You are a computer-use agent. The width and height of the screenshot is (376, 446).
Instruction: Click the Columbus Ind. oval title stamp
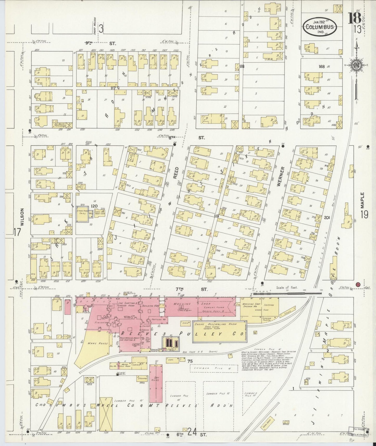[320, 27]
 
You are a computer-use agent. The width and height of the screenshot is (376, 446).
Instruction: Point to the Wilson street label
[22, 218]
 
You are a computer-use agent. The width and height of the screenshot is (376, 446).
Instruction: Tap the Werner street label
[279, 177]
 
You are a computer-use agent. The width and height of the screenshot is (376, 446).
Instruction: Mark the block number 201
[327, 217]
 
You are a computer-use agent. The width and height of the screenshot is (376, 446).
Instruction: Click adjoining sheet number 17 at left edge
[17, 232]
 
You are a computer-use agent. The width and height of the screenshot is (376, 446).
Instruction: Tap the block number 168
[322, 66]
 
